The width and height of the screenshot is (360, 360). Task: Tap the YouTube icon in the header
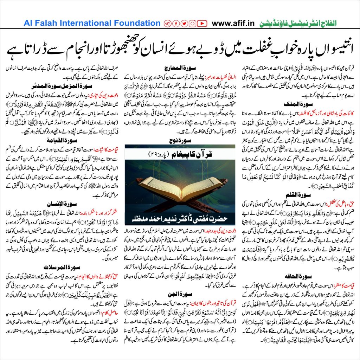click(x=202, y=24)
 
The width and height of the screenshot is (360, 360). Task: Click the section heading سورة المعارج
click(x=180, y=67)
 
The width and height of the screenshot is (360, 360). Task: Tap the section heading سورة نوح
click(x=180, y=139)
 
